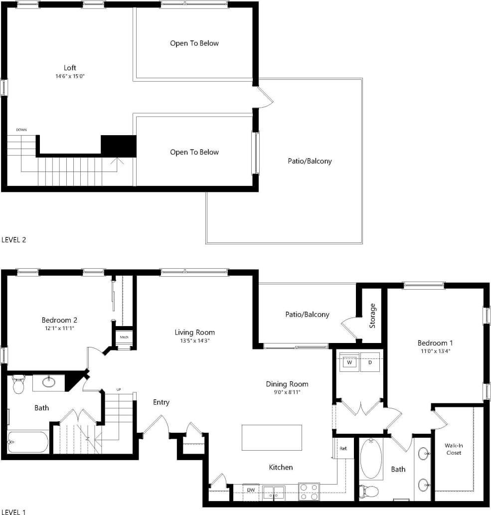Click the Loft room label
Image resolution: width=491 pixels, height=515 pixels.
[70, 68]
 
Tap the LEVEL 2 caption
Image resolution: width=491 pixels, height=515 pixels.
[13, 239]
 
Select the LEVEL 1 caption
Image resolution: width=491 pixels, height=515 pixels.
[13, 512]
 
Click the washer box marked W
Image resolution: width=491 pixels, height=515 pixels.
[349, 362]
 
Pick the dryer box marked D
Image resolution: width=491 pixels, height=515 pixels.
[370, 362]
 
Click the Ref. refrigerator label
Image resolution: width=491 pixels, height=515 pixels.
[343, 448]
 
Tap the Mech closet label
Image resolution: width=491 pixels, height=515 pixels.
[124, 338]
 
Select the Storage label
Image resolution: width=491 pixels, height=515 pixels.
[372, 316]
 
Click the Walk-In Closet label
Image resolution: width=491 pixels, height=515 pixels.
[454, 449]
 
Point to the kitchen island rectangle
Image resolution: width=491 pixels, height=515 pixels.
[272, 437]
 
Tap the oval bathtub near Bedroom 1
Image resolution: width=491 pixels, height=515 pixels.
[371, 458]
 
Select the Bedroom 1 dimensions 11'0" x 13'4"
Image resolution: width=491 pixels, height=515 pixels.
[435, 351]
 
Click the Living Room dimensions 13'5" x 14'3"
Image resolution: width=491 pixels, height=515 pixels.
[194, 341]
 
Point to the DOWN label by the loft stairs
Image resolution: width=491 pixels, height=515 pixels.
[21, 130]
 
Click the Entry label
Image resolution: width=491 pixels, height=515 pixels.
[161, 402]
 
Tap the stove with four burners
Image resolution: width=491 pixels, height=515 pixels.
[309, 491]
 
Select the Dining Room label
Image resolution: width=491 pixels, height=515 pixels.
[287, 384]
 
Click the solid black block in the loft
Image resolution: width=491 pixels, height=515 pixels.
[119, 146]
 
